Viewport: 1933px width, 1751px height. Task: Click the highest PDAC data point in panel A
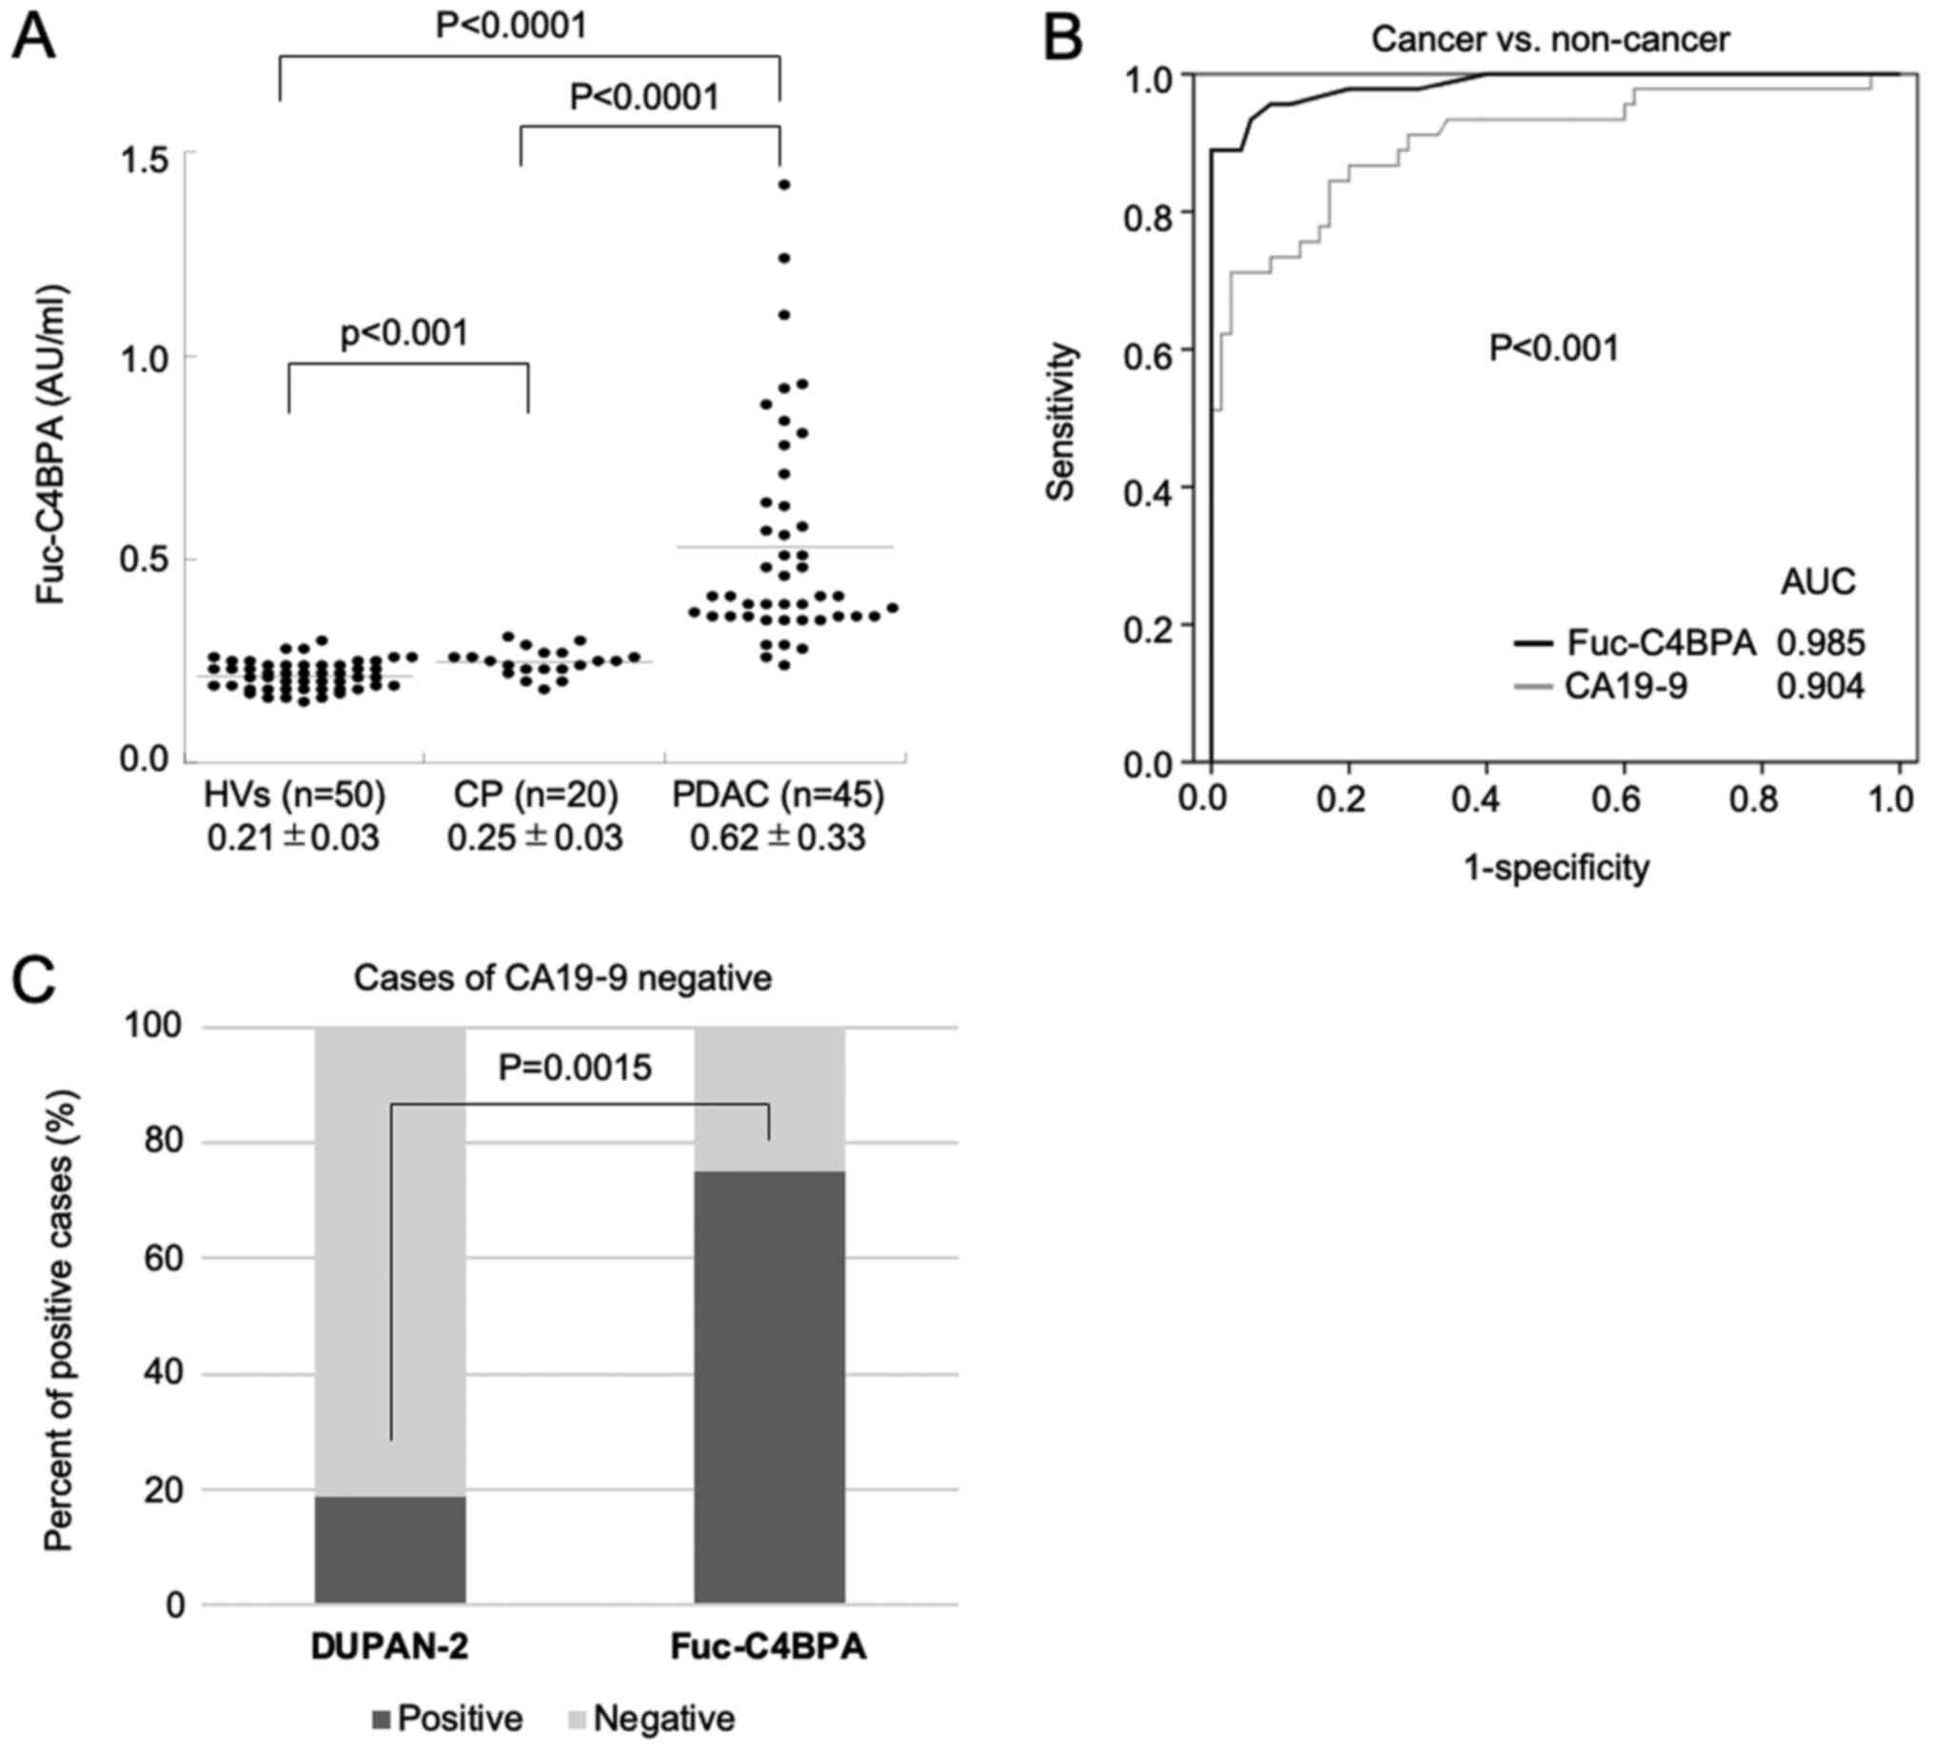783,185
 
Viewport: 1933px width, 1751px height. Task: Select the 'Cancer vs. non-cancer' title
1549,39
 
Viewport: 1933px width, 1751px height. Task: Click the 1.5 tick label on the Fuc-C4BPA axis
144,155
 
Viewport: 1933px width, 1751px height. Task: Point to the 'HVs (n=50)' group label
294,795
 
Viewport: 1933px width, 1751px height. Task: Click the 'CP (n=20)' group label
536,795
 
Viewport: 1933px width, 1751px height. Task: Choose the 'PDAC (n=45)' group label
778,795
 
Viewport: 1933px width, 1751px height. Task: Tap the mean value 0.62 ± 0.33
778,838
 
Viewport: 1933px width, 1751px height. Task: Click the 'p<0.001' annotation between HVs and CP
404,333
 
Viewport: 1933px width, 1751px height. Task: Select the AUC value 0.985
1821,642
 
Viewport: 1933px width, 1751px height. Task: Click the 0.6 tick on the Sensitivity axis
1149,349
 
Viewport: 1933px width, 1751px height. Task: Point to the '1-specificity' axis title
1555,868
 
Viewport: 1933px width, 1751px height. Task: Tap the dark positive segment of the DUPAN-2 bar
390,1548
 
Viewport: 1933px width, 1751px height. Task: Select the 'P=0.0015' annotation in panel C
575,1068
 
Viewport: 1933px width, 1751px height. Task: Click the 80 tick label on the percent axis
163,1142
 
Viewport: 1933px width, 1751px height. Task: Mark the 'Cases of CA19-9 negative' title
562,978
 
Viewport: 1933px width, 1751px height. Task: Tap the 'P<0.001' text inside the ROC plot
1553,348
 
